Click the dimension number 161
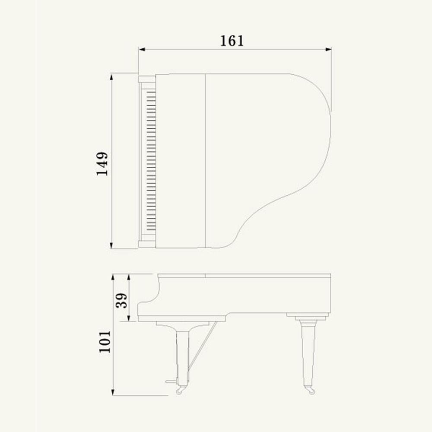(232, 41)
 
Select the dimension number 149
(102, 163)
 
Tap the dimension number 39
(122, 300)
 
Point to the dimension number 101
(105, 342)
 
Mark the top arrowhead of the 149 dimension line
(111, 76)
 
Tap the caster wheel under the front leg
(180, 390)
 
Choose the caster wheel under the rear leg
(309, 390)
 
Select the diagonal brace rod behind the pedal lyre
(203, 346)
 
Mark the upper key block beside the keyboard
(147, 79)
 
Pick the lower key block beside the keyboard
(147, 244)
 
